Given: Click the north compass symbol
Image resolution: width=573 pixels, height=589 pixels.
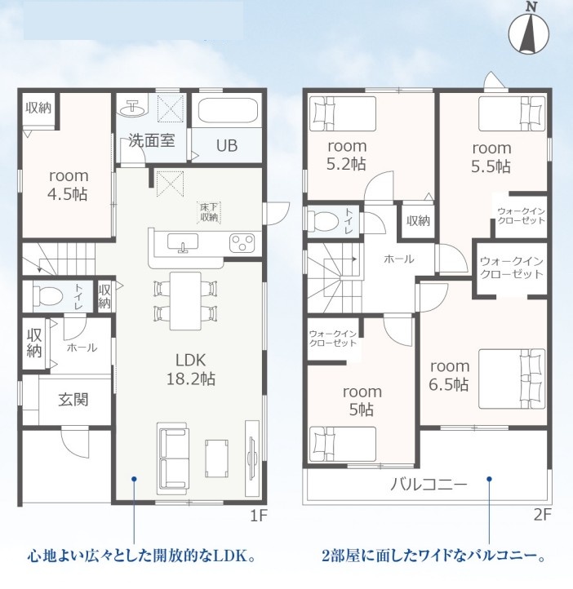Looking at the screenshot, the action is click(x=529, y=33).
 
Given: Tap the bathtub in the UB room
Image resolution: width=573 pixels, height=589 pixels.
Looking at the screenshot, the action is click(x=227, y=110).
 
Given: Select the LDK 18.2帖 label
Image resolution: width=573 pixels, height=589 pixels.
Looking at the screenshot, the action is click(x=191, y=370).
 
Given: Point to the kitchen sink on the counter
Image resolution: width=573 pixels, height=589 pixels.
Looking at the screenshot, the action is click(x=183, y=242).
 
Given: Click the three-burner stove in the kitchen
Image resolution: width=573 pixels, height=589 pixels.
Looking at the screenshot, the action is click(x=242, y=242).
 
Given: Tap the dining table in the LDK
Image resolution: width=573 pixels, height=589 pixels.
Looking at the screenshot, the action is click(x=185, y=300).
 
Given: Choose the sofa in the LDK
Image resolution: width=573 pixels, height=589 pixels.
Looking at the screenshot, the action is click(x=173, y=458).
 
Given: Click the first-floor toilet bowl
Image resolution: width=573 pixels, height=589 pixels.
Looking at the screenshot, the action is click(x=47, y=296).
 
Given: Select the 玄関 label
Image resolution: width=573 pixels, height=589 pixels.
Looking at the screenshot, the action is click(x=73, y=399).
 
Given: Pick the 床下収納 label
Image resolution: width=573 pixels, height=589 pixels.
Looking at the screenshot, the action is click(x=209, y=212).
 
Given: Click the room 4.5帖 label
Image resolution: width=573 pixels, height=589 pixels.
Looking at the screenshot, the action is click(x=69, y=185).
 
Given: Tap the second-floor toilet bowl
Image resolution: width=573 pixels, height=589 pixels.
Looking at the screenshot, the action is click(x=322, y=222).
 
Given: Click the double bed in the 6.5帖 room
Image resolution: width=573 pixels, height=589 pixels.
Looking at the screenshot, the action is click(x=512, y=379).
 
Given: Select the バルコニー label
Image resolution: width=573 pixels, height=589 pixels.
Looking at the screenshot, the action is click(x=429, y=485).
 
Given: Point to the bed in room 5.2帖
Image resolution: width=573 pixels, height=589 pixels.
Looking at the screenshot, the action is click(x=342, y=114).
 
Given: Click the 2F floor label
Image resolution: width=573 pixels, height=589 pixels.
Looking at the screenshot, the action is click(x=542, y=515).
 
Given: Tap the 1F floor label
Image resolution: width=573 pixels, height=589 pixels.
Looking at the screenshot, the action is click(x=259, y=516).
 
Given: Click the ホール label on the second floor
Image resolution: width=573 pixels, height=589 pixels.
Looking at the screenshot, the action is click(x=398, y=259).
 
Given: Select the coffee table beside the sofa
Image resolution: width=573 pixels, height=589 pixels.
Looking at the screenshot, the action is click(x=217, y=458).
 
